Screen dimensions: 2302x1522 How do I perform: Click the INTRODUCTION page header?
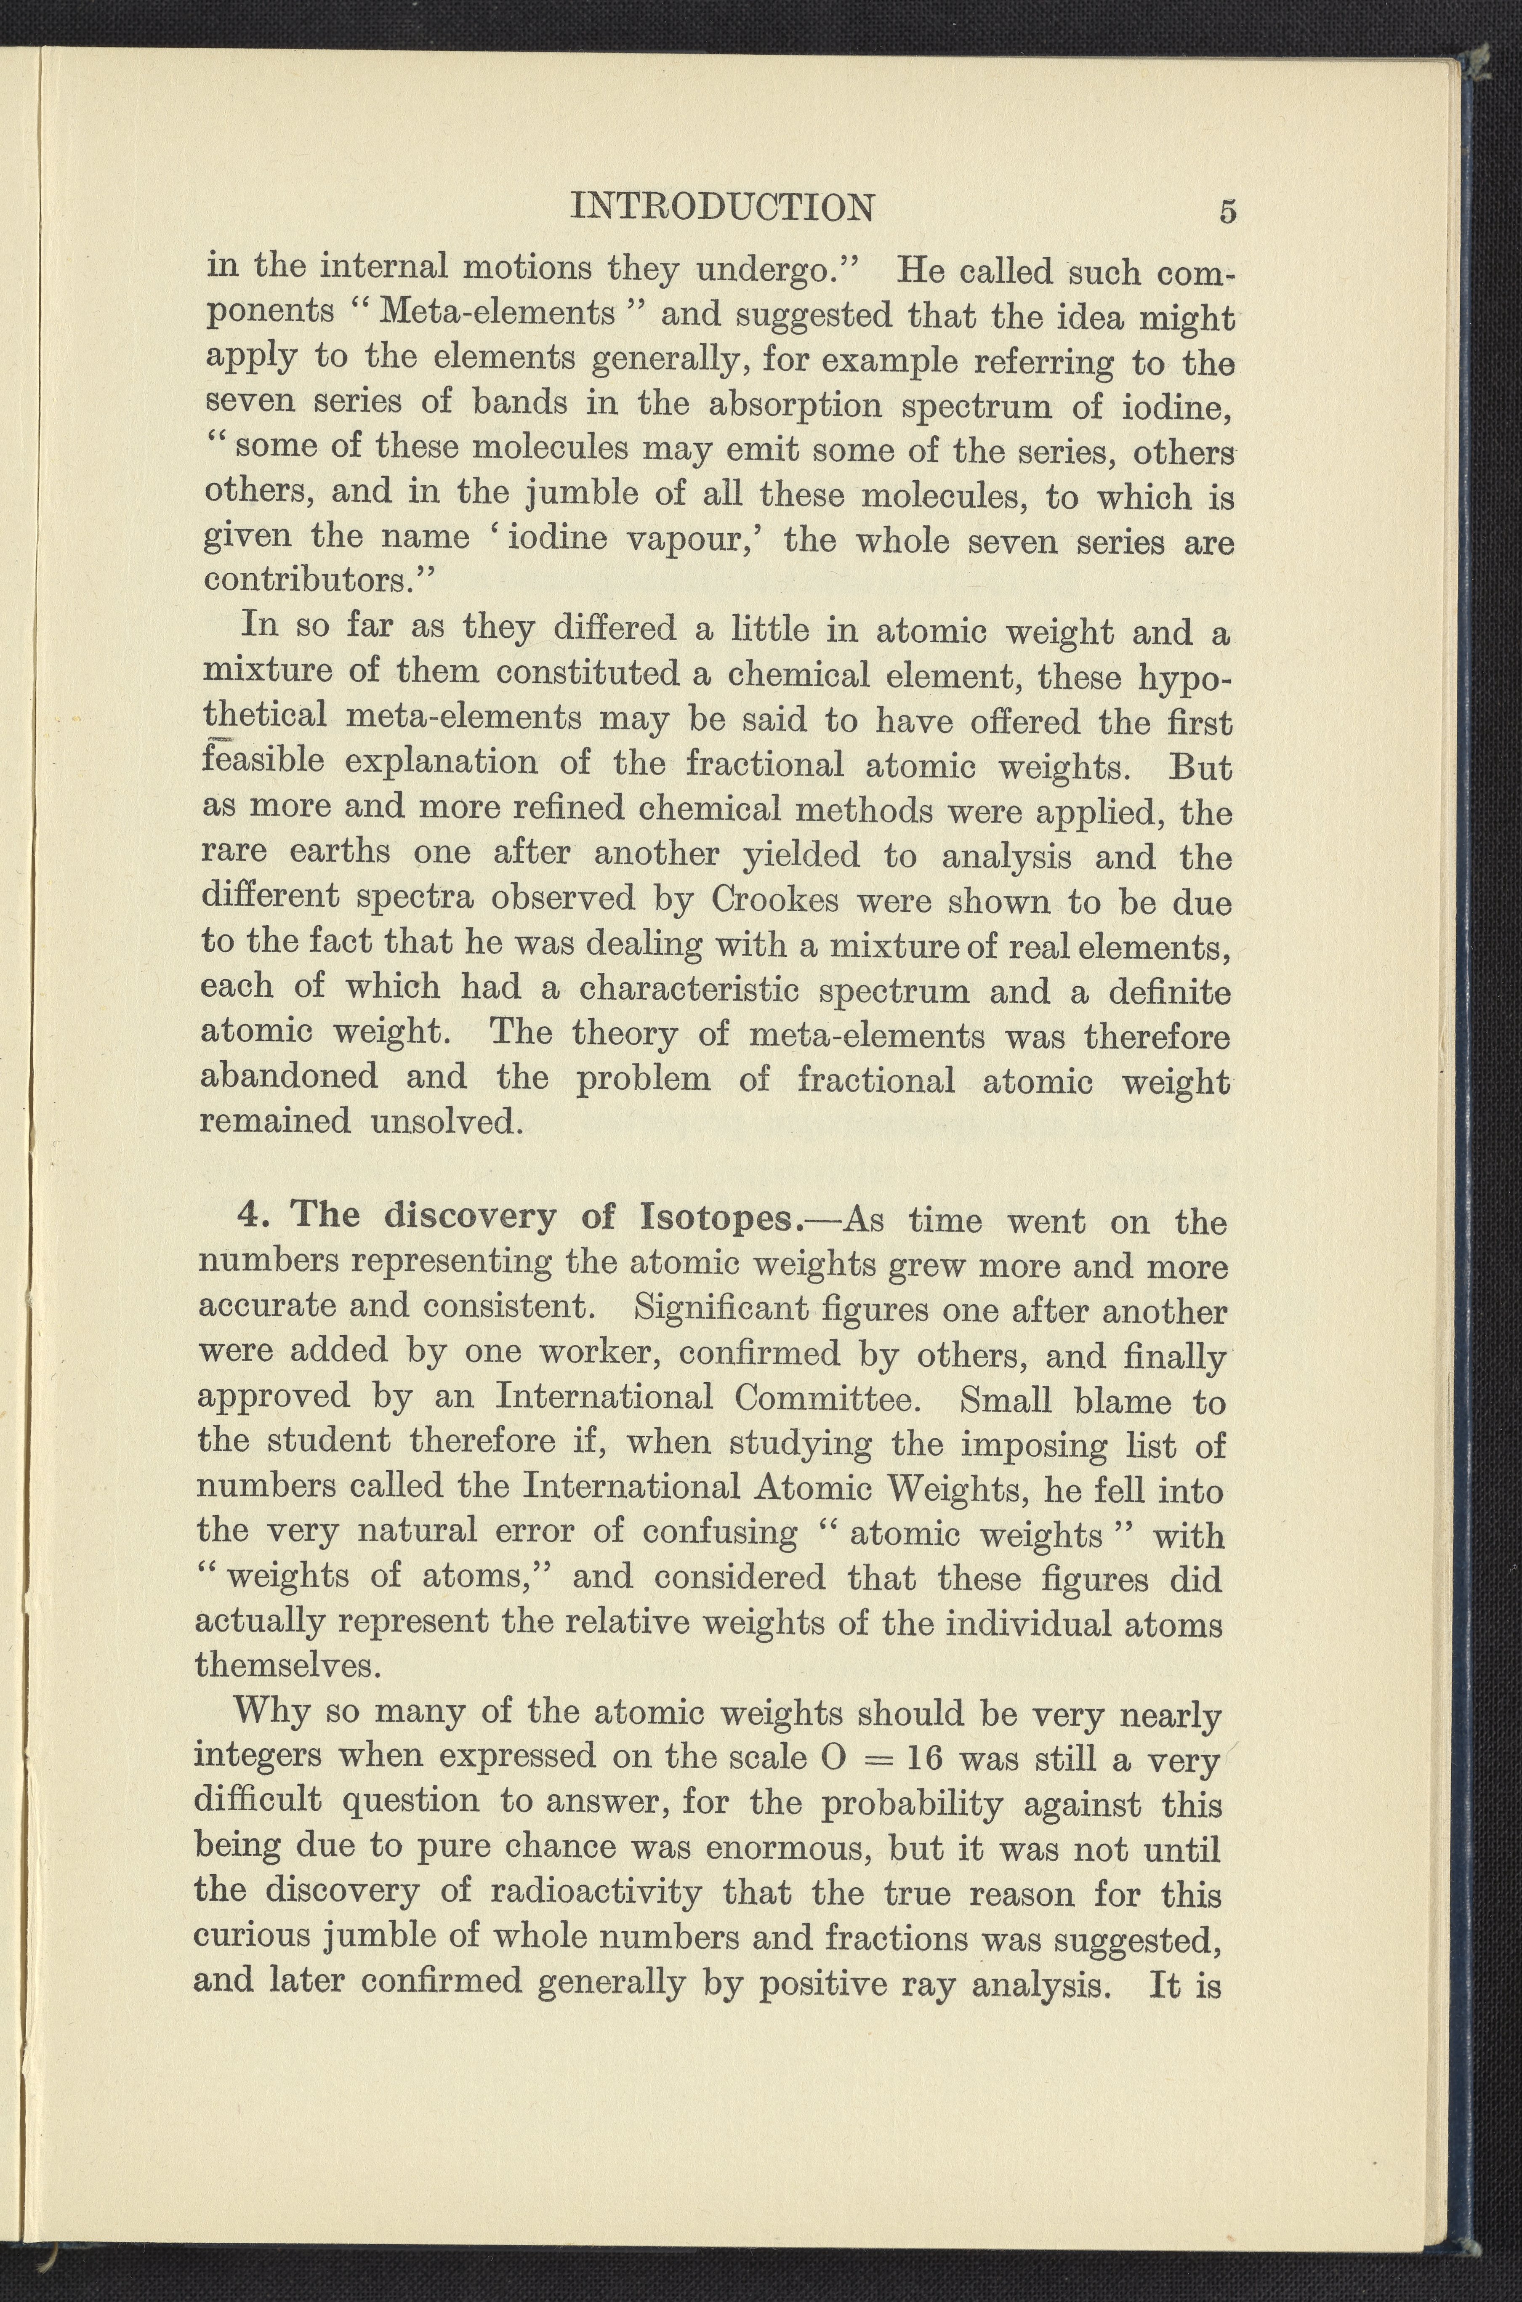click(723, 207)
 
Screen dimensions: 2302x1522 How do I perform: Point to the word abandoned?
click(288, 1077)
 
